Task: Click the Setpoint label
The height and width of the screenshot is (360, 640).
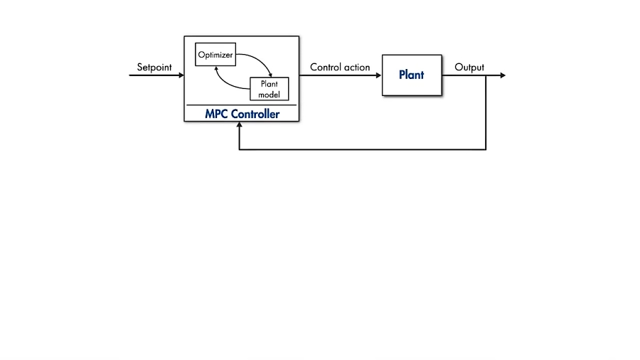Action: tap(155, 68)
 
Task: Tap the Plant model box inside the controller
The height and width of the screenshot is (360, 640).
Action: tap(269, 89)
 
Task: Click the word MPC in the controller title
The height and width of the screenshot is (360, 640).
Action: tap(216, 114)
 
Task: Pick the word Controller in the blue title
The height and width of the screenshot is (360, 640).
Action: tap(255, 114)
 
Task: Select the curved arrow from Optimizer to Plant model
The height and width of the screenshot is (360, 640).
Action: tap(260, 60)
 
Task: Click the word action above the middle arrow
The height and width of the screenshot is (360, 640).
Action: tap(357, 68)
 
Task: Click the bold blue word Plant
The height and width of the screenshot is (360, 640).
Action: tap(411, 75)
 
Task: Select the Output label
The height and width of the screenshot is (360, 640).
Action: tap(469, 68)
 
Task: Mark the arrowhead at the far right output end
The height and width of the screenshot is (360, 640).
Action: tap(503, 75)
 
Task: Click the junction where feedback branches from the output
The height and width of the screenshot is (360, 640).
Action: tap(486, 75)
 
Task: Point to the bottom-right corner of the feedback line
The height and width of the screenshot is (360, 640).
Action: tap(486, 149)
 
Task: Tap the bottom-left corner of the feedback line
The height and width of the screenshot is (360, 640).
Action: tap(240, 149)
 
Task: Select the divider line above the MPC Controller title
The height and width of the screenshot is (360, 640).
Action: tap(240, 105)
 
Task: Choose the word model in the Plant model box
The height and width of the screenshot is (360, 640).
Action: tap(269, 95)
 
